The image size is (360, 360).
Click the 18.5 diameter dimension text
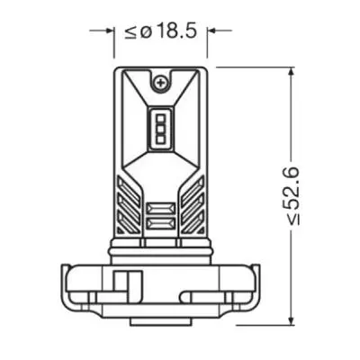pos(175,32)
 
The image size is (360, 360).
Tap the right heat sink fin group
pos(191,202)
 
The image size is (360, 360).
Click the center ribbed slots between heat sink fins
pos(161,216)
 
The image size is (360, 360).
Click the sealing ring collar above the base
pos(161,248)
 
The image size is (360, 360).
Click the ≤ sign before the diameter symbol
pos(131,33)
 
